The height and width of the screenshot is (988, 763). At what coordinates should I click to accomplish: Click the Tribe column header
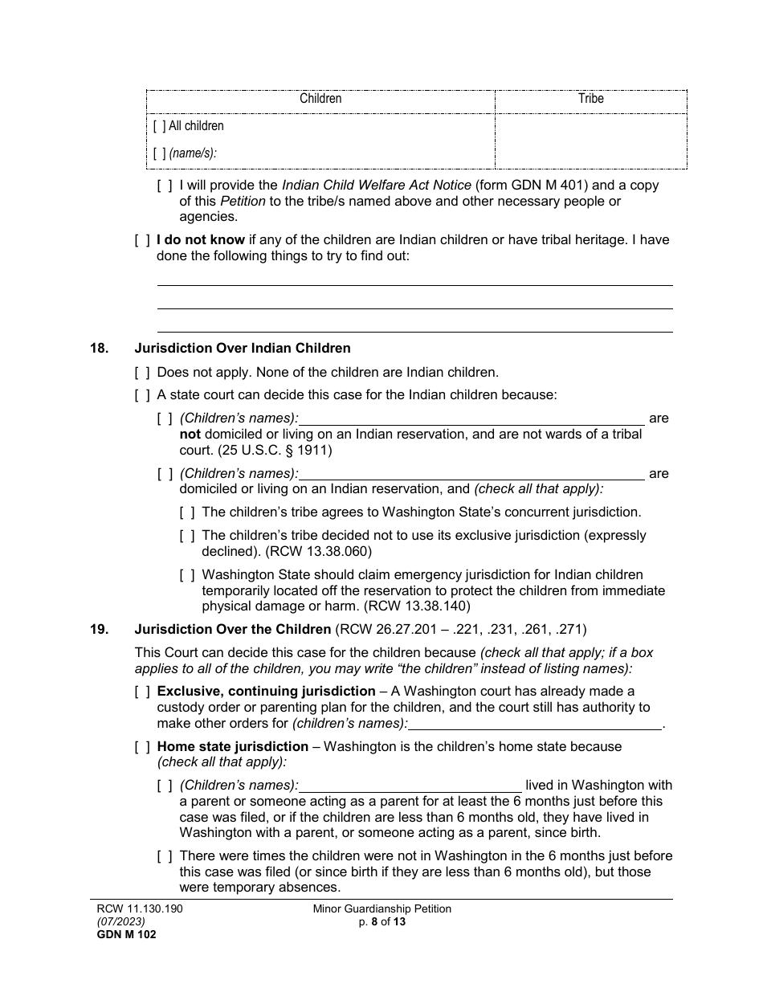(591, 99)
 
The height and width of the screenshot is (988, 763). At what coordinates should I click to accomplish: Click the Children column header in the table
(320, 99)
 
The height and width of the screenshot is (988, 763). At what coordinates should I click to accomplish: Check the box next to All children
(159, 126)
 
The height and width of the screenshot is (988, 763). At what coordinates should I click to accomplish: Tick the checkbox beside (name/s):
(159, 153)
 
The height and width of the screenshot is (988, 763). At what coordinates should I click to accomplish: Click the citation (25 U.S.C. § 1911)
(275, 450)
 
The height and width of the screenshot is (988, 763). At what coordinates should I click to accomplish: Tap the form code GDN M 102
(123, 934)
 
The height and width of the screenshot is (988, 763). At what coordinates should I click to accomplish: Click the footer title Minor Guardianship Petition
(381, 909)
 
